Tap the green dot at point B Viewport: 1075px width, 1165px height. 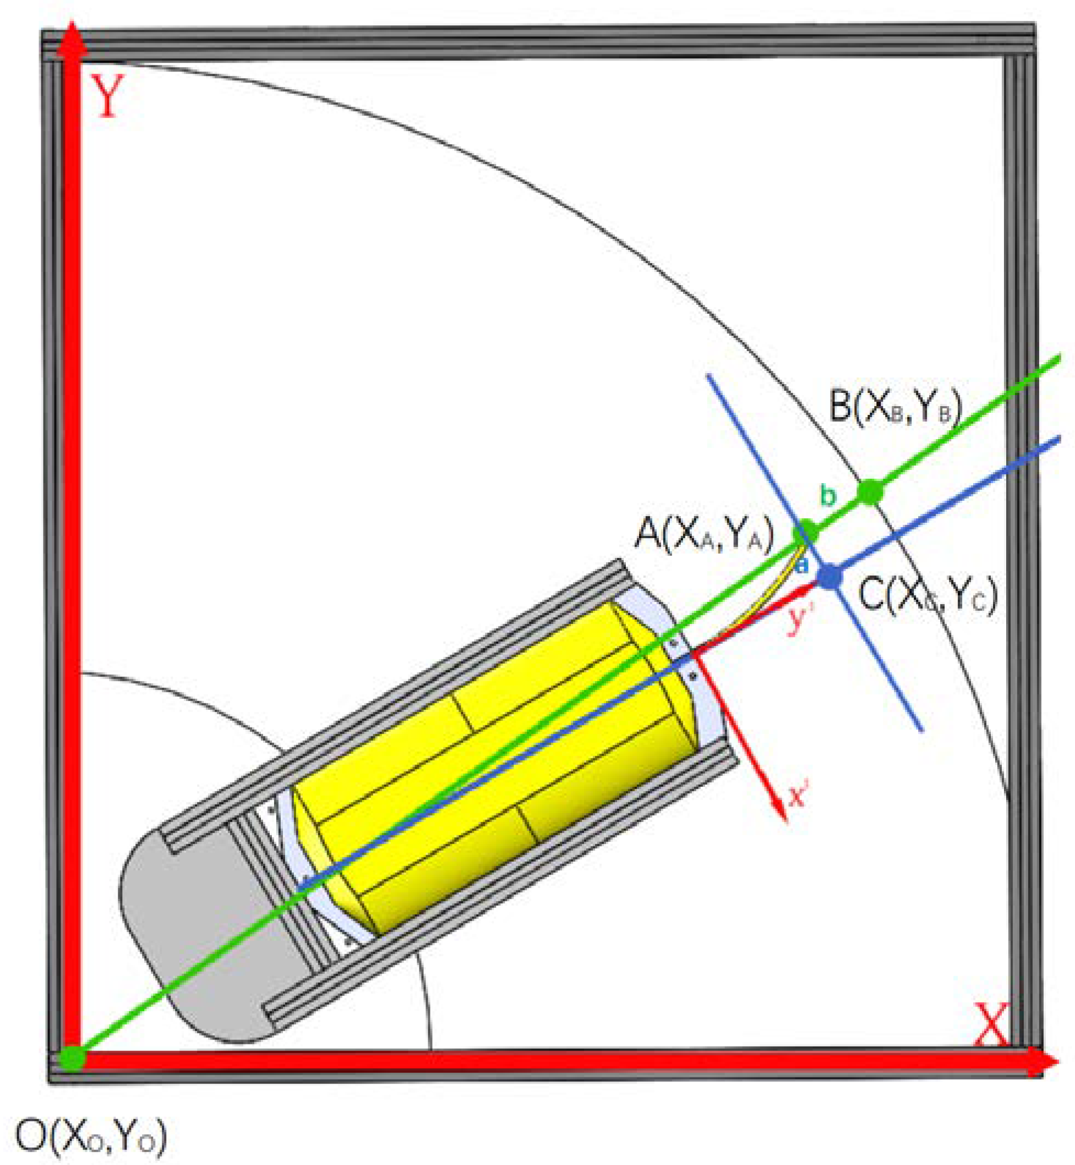pos(870,493)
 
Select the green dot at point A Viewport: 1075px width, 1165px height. pos(806,531)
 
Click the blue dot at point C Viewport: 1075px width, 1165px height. pos(830,576)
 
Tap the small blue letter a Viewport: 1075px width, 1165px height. pos(801,564)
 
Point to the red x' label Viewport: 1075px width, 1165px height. pos(798,796)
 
